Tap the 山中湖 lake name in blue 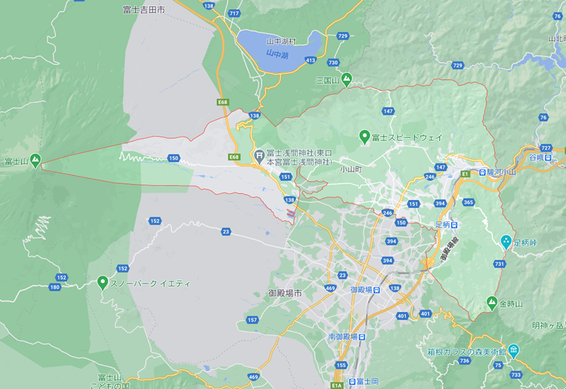click(x=277, y=54)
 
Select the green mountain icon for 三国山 click(x=347, y=80)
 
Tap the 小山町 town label click(x=350, y=170)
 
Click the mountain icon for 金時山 click(x=492, y=303)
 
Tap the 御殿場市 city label click(x=285, y=293)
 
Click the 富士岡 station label click(x=369, y=381)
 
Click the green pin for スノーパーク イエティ click(x=103, y=283)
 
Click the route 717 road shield click(x=234, y=13)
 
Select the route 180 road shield click(x=55, y=286)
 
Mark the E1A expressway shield click(x=337, y=385)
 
